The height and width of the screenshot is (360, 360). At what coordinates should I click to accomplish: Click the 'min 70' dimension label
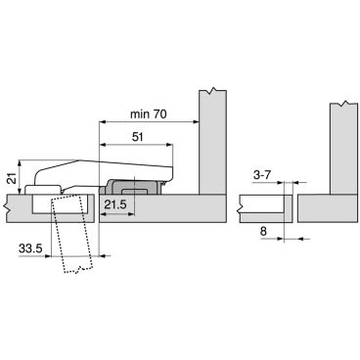tap(149, 114)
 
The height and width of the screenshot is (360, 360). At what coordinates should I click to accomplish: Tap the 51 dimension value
tap(137, 137)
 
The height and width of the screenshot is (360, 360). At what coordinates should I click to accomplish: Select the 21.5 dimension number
tap(115, 204)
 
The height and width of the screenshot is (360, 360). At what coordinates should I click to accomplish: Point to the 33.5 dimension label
tap(30, 248)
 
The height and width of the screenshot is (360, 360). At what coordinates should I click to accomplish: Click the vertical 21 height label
tap(12, 179)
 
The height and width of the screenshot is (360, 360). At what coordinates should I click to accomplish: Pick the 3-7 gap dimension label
tap(262, 175)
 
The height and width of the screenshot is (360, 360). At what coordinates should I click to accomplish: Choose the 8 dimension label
tap(263, 231)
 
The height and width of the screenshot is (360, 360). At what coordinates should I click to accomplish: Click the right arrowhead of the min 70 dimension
tap(197, 122)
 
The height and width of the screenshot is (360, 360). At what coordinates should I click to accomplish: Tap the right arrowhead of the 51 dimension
tap(169, 145)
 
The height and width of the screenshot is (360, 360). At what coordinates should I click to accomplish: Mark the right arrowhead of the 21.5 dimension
tap(132, 214)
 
